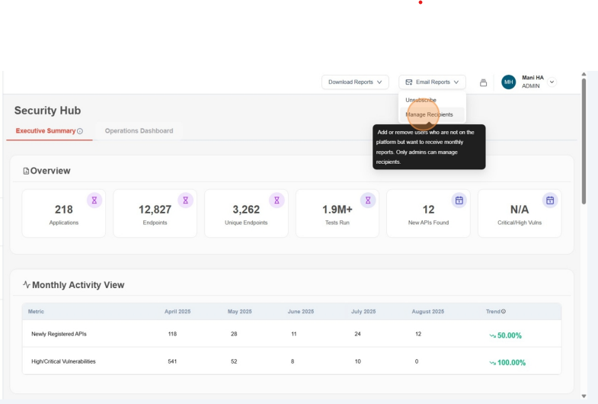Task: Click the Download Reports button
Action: [355, 82]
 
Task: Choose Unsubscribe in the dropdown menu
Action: [421, 101]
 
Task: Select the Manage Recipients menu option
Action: [430, 114]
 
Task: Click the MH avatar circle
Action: [508, 82]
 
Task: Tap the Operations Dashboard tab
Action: [139, 131]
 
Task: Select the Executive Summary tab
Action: [49, 131]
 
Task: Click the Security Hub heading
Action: [47, 111]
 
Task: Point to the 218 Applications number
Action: [64, 210]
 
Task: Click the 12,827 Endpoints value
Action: [155, 210]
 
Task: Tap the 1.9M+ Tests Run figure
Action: [337, 210]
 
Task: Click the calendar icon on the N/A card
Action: [550, 200]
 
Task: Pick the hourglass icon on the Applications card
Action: [94, 200]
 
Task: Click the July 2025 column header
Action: [363, 312]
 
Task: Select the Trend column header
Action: [495, 312]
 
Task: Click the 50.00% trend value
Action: [509, 335]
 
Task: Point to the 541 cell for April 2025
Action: [172, 361]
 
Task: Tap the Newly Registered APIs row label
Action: [59, 335]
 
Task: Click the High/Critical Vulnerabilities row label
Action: [63, 361]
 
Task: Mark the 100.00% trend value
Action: [510, 362]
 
